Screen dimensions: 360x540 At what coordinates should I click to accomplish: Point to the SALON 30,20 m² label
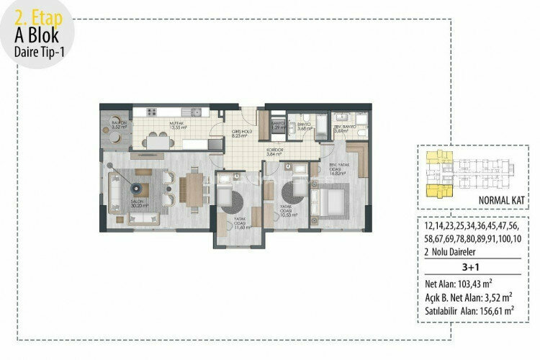click(x=139, y=203)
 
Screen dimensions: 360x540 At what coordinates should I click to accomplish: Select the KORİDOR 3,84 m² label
click(x=274, y=152)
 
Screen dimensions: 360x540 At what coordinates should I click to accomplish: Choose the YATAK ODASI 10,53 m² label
click(x=288, y=212)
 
